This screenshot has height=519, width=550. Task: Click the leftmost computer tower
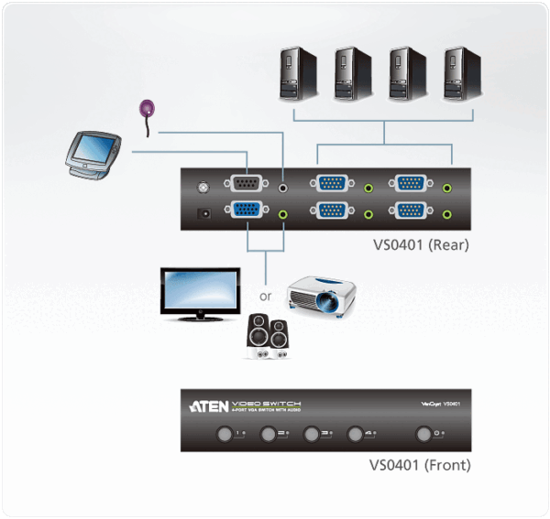click(299, 75)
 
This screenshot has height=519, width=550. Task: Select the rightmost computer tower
click(460, 75)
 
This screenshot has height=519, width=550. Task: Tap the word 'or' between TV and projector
click(266, 297)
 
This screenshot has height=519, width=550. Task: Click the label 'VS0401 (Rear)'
click(421, 244)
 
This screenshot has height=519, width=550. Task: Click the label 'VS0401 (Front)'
click(421, 465)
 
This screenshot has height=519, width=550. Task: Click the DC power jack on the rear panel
click(204, 213)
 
